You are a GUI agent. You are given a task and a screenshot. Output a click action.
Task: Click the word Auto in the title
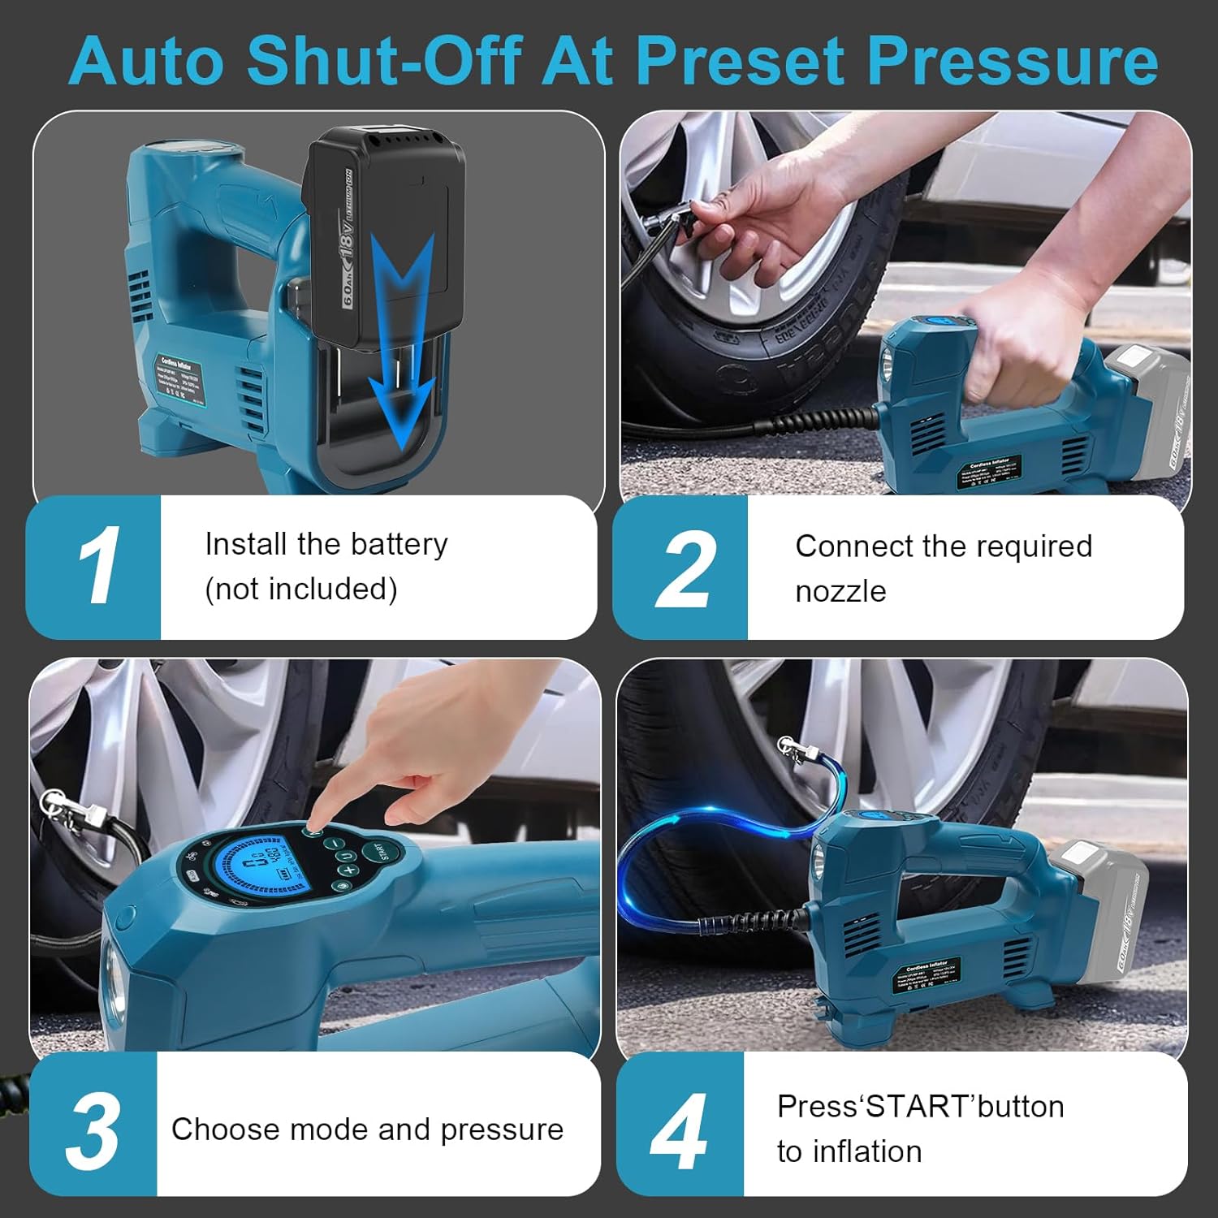(x=145, y=62)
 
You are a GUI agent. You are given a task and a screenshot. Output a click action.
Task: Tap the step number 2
(x=684, y=568)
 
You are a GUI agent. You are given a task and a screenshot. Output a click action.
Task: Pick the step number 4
(x=679, y=1130)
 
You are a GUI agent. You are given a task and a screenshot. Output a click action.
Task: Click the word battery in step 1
(x=398, y=544)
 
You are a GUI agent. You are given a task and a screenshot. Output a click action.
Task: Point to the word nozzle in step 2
(x=840, y=591)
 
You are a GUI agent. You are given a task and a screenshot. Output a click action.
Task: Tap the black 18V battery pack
(x=382, y=235)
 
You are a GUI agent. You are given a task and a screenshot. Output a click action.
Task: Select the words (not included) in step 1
(x=301, y=590)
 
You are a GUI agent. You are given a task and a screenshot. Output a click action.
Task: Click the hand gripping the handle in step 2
(x=1015, y=341)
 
